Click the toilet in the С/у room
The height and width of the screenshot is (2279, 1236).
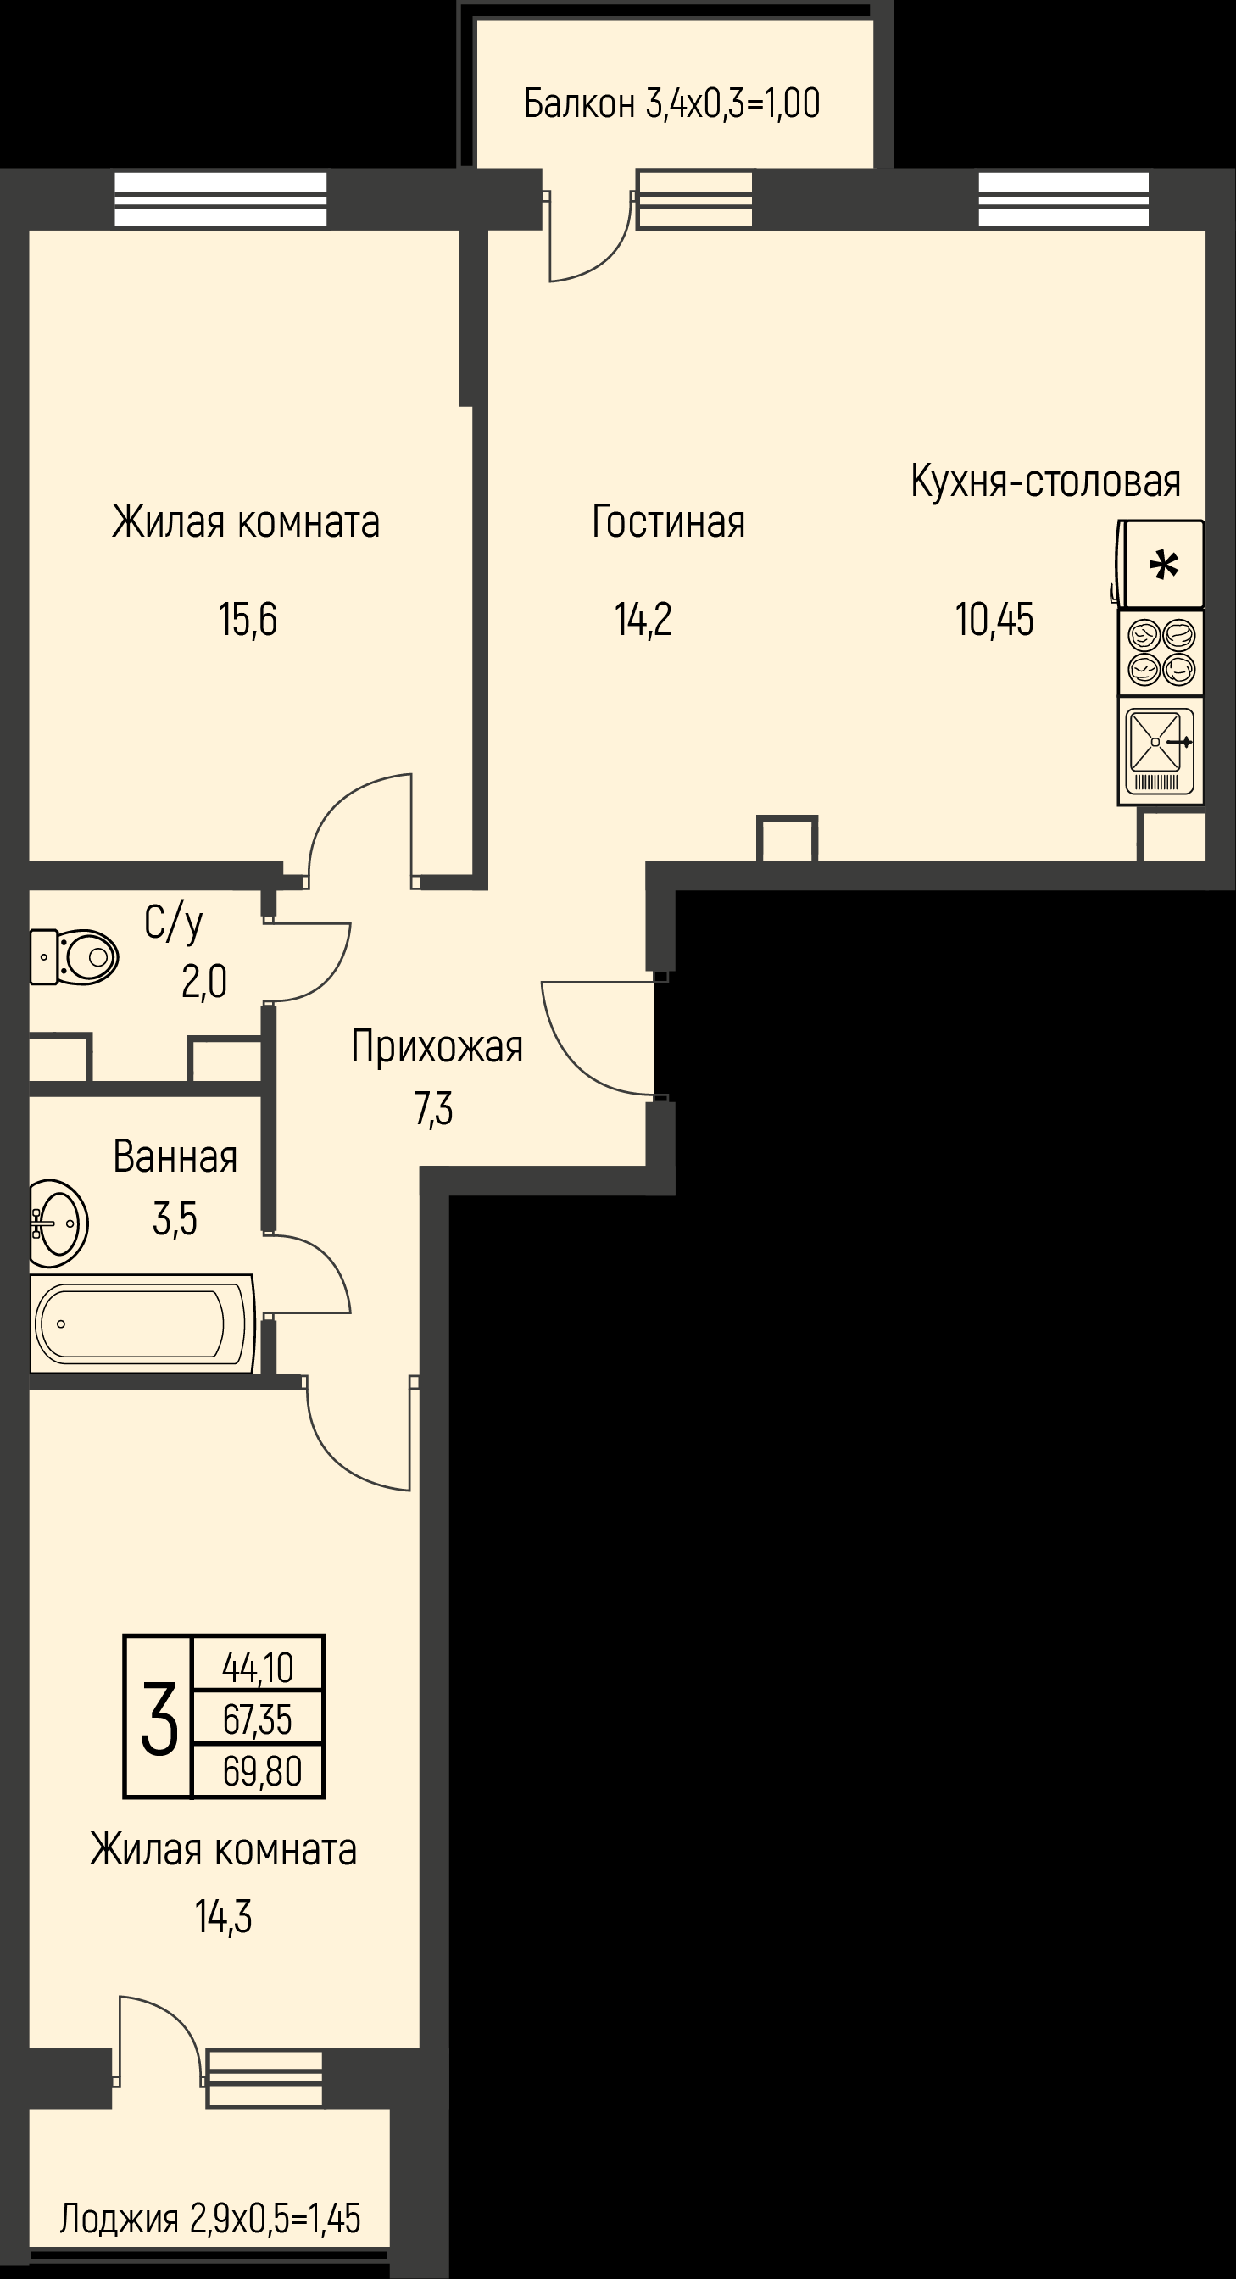[75, 956]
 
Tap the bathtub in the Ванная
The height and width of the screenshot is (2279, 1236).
[142, 1323]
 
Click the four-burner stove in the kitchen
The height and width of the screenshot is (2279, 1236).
[1161, 653]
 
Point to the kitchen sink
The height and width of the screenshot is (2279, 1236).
[1161, 751]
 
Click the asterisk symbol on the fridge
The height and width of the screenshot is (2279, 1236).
[1163, 565]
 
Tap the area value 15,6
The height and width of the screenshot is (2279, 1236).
[248, 619]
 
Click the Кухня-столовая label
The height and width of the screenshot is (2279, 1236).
[1046, 482]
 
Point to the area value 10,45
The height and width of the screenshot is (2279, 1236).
[994, 619]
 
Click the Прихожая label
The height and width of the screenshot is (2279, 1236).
[437, 1046]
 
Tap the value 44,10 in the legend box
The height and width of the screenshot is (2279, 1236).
[258, 1669]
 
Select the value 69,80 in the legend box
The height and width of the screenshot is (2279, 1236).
[263, 1772]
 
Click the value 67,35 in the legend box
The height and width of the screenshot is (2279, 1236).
[258, 1720]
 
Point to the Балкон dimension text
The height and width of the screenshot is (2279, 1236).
[671, 103]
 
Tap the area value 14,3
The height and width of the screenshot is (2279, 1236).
[223, 1917]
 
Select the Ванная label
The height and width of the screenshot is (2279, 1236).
[175, 1156]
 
